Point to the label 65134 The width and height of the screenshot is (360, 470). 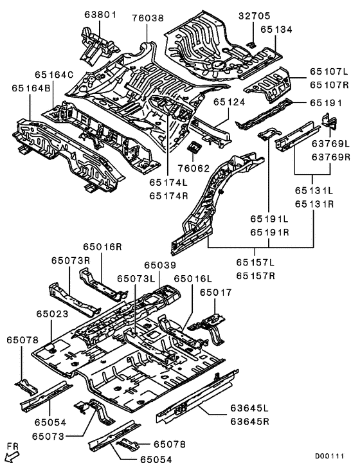coord(261,30)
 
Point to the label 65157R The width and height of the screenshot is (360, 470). coord(255,276)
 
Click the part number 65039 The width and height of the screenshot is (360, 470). coord(160,265)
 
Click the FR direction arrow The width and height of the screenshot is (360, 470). coord(11,455)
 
